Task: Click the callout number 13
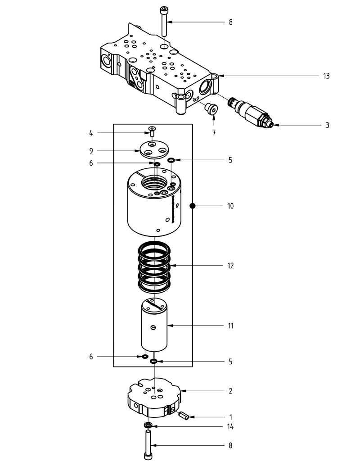pos(326,76)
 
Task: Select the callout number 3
pos(327,125)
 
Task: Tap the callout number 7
pos(214,133)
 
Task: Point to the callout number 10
pos(230,206)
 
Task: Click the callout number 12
pos(230,266)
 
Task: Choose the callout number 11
pos(230,325)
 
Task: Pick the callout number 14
pos(230,427)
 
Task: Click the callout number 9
pos(91,151)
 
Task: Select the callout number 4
pos(91,133)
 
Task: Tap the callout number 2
pos(230,391)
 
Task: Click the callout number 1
pos(230,417)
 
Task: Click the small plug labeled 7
pos(210,109)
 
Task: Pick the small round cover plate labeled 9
pos(153,149)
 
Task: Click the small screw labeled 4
pos(152,131)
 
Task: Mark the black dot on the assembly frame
pos(192,206)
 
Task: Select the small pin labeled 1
pos(184,415)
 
